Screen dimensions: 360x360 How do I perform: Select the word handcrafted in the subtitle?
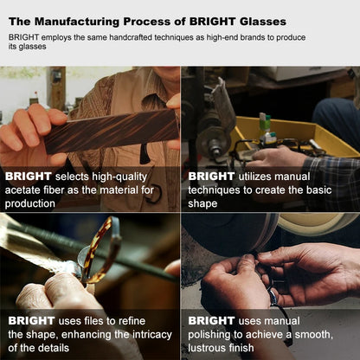pos(126,37)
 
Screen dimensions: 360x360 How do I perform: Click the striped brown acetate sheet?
pos(111,131)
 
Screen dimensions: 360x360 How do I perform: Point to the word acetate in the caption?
pos(22,190)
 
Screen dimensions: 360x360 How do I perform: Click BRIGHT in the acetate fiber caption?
pos(29,177)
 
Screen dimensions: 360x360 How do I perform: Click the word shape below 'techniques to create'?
pos(202,204)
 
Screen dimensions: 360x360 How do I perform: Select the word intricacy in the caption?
pos(152,335)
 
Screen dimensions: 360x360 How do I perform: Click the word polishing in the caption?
pos(209,335)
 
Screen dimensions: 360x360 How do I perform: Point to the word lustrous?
pos(207,348)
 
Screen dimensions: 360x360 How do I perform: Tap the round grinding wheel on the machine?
pos(213,142)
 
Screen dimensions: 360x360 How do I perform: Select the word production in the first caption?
pos(30,204)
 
